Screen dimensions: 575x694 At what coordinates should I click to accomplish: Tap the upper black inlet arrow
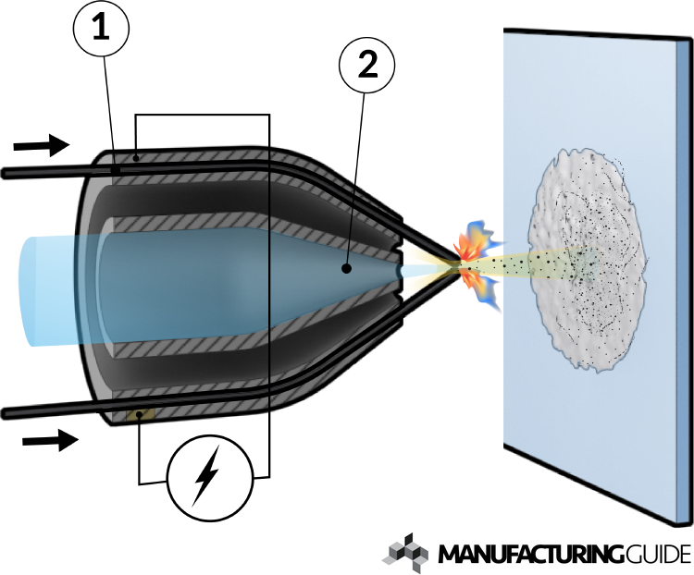pyautogui.click(x=43, y=144)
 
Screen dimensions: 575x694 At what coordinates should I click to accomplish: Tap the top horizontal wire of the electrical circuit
pyautogui.click(x=202, y=115)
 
